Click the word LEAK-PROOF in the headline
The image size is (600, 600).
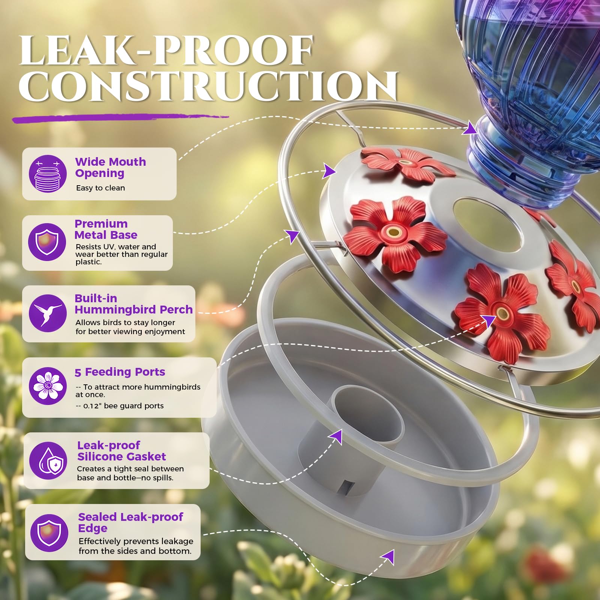point(166,50)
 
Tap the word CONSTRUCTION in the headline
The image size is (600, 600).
point(208,86)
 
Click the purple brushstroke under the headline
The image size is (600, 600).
point(120,118)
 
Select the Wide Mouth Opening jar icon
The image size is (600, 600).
point(48,174)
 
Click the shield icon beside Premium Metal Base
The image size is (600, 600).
point(47,242)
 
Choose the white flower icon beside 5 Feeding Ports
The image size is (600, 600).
point(48,386)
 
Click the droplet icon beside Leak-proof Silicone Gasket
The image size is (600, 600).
point(48,460)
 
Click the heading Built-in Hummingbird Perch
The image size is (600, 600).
point(133,304)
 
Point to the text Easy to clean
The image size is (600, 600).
point(100,188)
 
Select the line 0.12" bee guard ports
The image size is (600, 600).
point(120,406)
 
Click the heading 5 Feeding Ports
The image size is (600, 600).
point(120,372)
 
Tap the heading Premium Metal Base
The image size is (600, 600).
point(106,229)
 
